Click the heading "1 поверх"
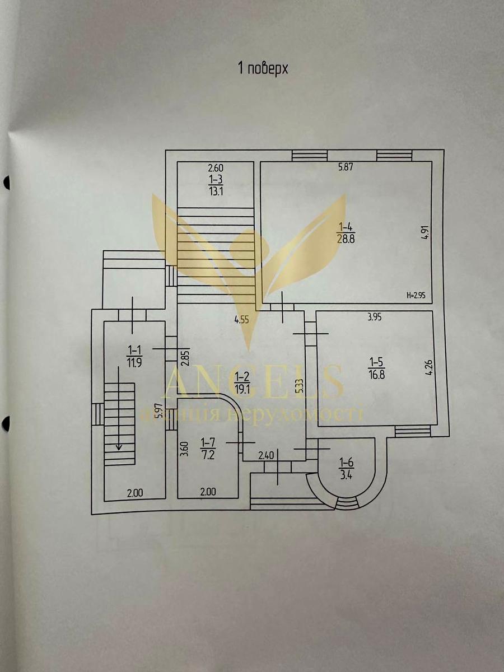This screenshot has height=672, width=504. point(263,69)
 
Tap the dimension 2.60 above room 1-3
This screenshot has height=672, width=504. point(216,167)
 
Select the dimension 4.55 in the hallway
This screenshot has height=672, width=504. point(242,321)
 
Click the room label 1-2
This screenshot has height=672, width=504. point(242,375)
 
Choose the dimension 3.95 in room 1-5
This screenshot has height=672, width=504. point(375,318)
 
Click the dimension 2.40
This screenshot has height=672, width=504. point(265,456)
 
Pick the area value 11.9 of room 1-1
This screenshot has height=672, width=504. point(134,361)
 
